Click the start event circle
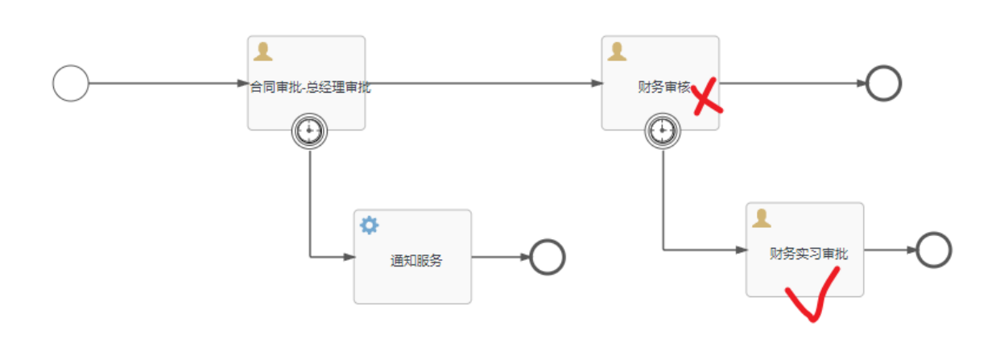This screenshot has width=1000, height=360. click(71, 83)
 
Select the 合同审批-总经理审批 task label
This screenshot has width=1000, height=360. click(310, 87)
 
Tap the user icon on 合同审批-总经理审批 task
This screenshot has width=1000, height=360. click(262, 52)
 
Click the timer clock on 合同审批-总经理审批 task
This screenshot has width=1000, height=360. click(310, 130)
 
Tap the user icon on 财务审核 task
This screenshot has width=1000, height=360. click(618, 52)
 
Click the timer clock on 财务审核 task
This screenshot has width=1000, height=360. click(663, 130)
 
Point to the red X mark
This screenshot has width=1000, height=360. click(706, 97)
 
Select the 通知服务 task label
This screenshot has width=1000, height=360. click(416, 260)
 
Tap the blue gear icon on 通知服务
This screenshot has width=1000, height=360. click(369, 226)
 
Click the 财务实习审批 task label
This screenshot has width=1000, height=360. click(808, 253)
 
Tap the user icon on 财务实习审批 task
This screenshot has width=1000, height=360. click(762, 218)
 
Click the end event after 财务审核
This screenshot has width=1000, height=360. click(883, 83)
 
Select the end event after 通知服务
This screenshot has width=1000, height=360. click(548, 258)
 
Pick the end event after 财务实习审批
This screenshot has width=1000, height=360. click(934, 250)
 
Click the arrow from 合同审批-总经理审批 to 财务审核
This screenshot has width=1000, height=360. click(483, 83)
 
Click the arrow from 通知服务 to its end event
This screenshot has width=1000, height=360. click(500, 258)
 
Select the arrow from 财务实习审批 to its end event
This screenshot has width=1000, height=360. click(890, 250)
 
